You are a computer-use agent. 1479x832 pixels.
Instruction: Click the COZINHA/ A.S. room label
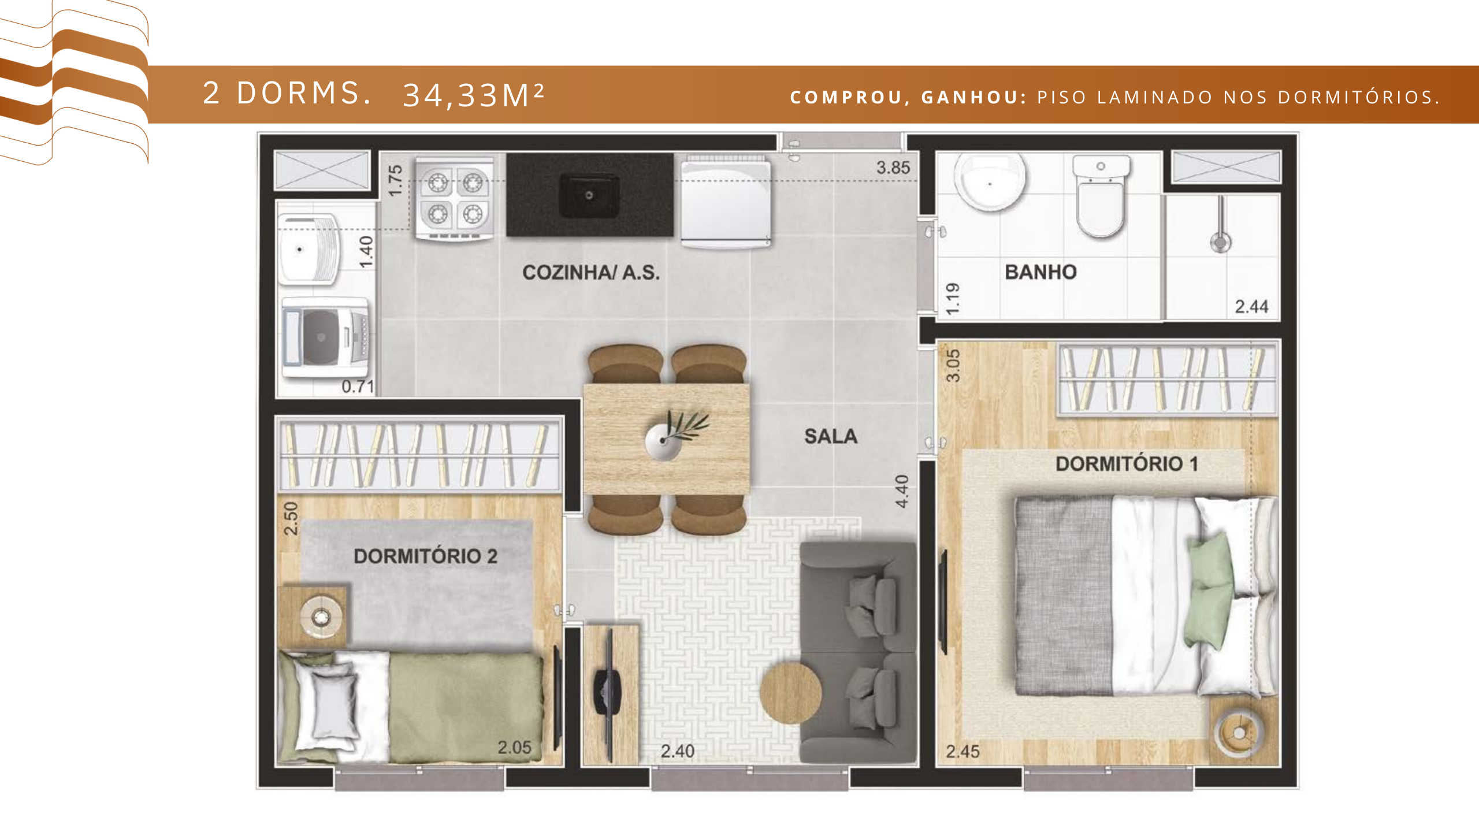coord(591,272)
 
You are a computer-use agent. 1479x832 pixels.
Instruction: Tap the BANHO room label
coord(1040,272)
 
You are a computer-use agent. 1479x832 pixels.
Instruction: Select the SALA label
coord(831,436)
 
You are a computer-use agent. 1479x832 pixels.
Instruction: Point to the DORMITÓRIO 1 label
coord(1127,463)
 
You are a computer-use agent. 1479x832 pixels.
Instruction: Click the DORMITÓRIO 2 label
coord(425,556)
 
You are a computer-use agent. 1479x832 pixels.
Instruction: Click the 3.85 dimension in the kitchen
coord(893,168)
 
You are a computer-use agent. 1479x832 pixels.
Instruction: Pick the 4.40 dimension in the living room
coord(902,492)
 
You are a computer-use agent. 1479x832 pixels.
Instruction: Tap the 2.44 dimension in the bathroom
coord(1251,306)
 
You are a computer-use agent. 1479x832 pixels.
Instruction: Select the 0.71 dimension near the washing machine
coord(358,387)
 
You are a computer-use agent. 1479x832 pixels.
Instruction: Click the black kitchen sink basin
coord(589,196)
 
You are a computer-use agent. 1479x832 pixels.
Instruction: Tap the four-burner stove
coord(454,198)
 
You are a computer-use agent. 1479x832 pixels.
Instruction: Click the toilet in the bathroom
coord(1101,195)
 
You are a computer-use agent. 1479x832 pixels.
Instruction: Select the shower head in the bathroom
coord(1220,242)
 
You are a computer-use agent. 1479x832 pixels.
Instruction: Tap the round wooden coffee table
coord(790,693)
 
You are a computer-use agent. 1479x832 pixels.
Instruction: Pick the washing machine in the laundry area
coord(325,337)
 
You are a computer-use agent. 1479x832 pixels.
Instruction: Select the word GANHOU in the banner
coord(973,97)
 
